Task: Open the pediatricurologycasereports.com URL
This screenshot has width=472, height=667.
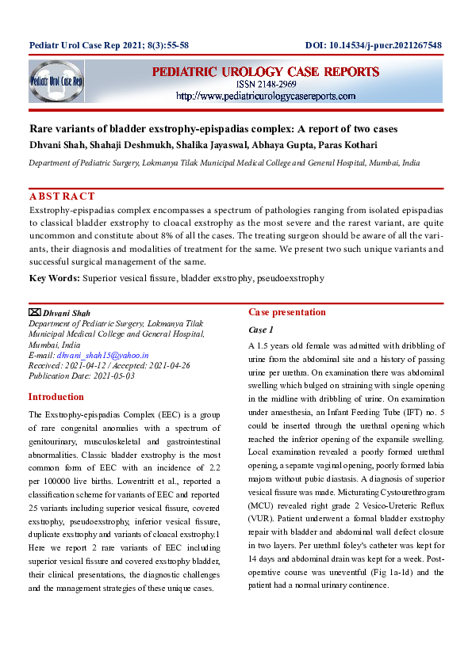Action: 266,96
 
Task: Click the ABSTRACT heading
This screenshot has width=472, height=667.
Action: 62,196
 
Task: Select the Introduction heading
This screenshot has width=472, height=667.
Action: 56,397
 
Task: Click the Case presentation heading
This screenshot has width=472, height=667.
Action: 286,312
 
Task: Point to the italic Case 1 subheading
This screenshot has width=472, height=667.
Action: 261,330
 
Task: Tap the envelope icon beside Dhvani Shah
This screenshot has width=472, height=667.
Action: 34,313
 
